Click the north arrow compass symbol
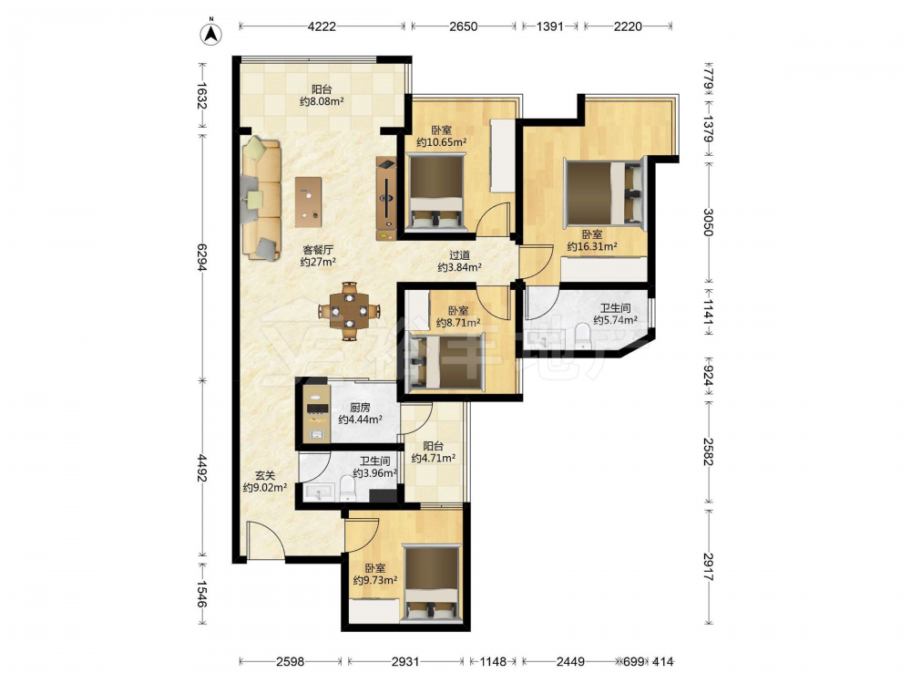tap(212, 34)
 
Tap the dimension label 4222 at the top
tap(322, 26)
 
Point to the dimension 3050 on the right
tap(708, 223)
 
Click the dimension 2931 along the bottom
tap(405, 661)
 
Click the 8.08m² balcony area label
tap(322, 96)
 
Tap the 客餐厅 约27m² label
tap(318, 256)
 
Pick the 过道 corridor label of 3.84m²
tap(459, 261)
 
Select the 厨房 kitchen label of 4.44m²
tap(360, 413)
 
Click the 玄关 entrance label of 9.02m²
tap(265, 482)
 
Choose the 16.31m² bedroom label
tap(592, 240)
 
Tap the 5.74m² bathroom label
tap(615, 314)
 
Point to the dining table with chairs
tap(349, 311)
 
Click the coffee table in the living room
tap(308, 202)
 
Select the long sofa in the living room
tap(261, 198)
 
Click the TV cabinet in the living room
tap(386, 198)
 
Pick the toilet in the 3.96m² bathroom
tap(347, 489)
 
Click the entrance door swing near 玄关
tap(265, 541)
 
